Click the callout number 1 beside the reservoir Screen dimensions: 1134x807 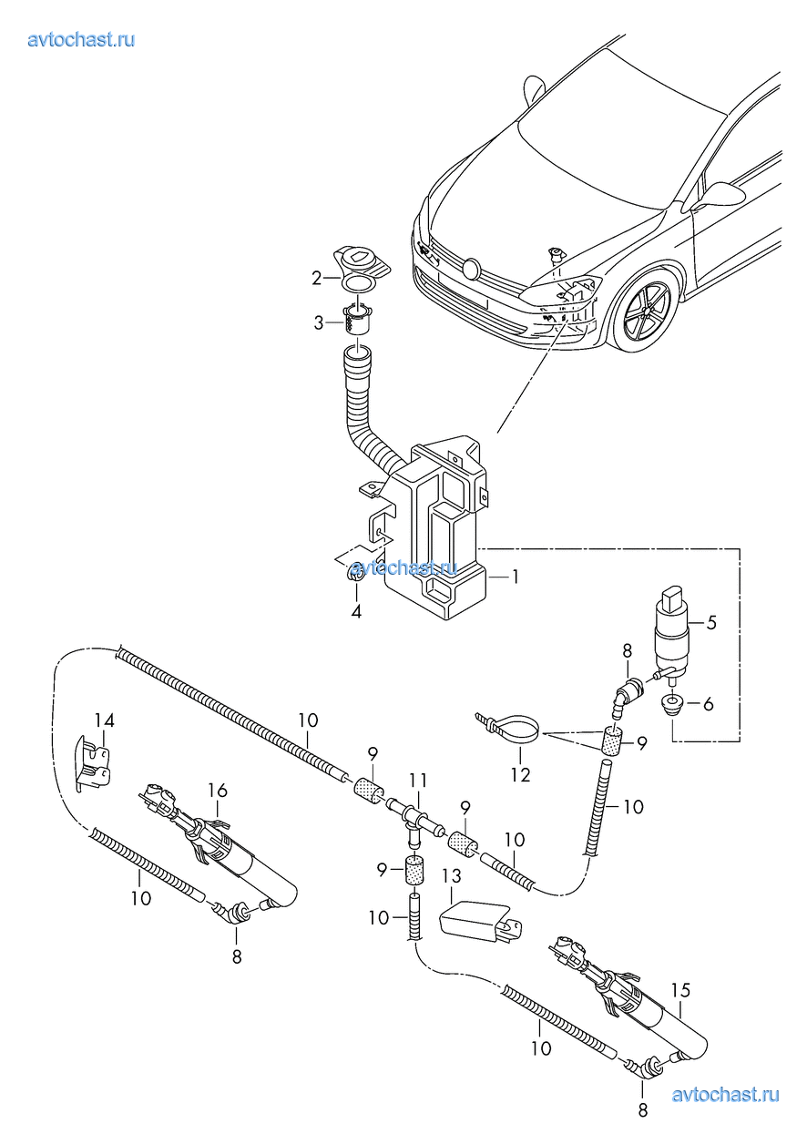pos(515,577)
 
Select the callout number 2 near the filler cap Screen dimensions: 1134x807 pos(317,278)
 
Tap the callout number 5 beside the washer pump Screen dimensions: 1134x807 pos(711,623)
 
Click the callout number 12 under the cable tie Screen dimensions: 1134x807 pos(520,776)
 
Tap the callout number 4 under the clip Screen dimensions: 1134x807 pos(356,612)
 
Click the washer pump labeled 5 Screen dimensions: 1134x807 pos(673,633)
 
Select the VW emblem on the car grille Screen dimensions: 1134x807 pos(471,269)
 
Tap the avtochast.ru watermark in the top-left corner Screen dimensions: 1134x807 pos(82,38)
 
